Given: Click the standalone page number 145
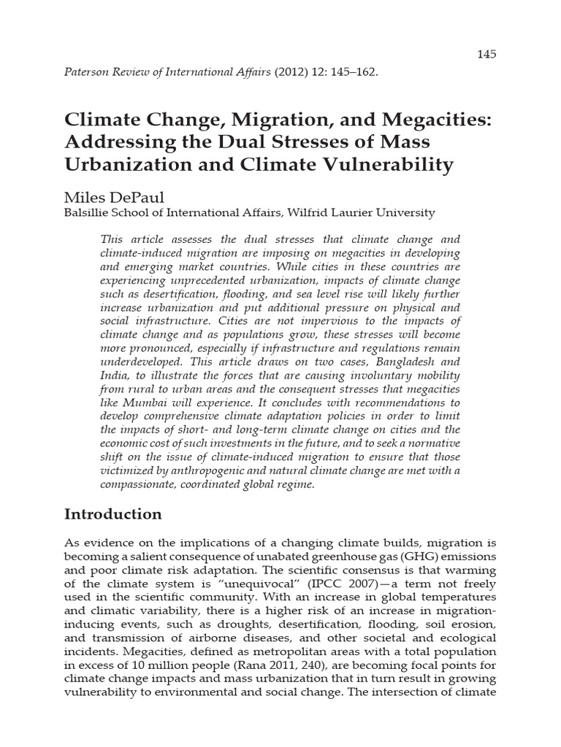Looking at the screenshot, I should pos(486,54).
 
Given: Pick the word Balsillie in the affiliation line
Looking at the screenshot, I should pos(90,213).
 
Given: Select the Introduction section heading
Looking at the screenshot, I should pos(113,514).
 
